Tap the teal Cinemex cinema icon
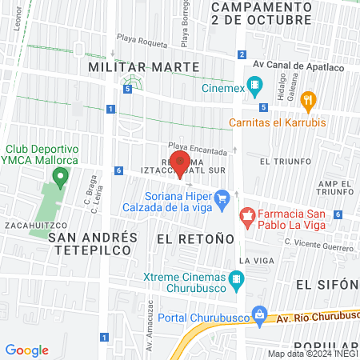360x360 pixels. click(x=255, y=84)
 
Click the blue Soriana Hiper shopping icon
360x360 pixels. click(x=223, y=196)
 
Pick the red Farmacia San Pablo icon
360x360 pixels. click(x=247, y=215)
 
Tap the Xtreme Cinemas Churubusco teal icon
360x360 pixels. click(x=235, y=280)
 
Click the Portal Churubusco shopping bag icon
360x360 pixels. click(x=258, y=313)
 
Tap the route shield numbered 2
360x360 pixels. click(x=242, y=54)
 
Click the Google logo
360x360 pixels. click(x=27, y=350)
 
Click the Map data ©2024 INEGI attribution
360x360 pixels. click(x=311, y=354)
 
